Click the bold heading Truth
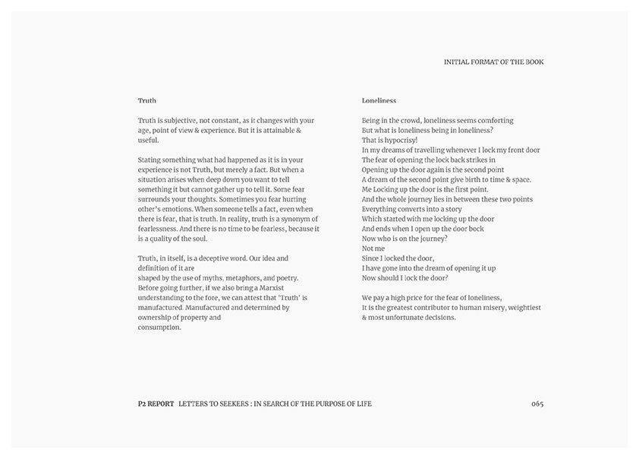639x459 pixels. point(147,100)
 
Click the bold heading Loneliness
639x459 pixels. point(379,100)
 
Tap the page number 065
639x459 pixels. point(537,404)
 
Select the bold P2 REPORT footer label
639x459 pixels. point(151,404)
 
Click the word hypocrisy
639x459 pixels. point(398,140)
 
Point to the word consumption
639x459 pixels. point(159,328)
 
